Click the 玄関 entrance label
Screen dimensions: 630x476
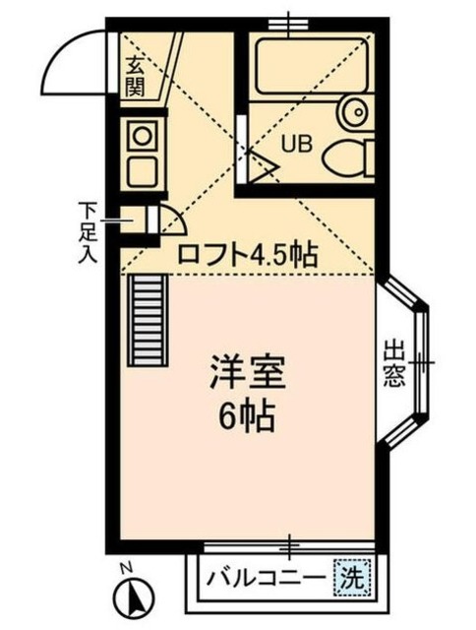click(x=136, y=80)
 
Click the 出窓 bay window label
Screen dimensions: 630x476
click(x=394, y=363)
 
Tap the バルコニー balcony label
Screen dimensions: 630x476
click(x=266, y=578)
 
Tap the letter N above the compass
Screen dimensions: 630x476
click(x=124, y=568)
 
